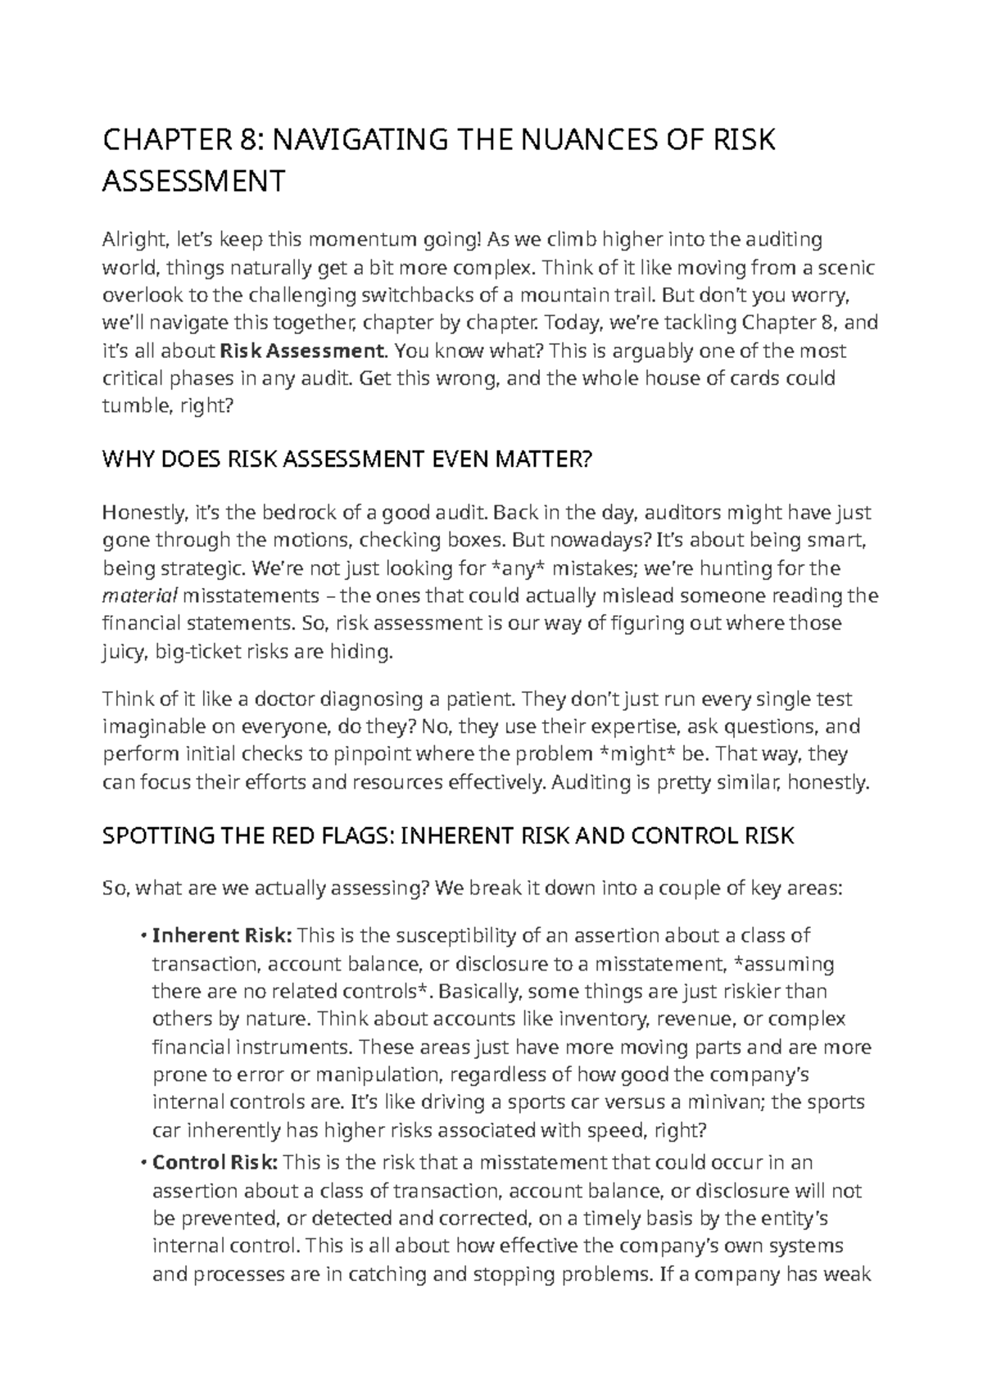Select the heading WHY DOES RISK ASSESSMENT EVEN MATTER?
tap(345, 461)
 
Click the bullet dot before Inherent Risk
tap(144, 935)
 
